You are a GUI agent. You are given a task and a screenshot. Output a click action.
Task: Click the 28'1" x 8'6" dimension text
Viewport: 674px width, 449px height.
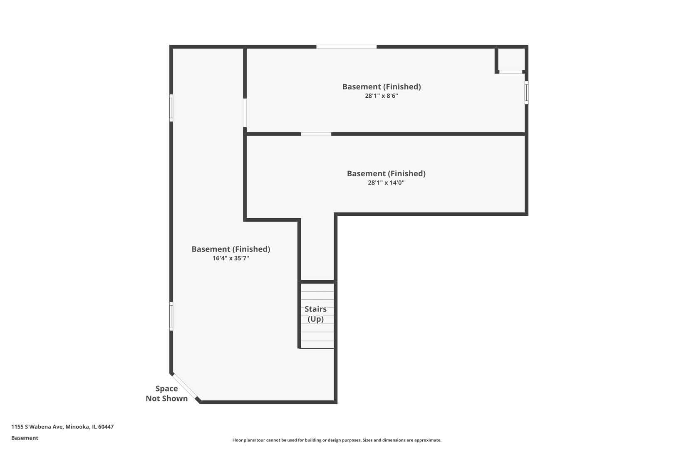pos(382,96)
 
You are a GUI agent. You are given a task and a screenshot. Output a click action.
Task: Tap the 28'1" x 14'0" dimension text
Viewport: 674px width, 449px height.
pos(386,183)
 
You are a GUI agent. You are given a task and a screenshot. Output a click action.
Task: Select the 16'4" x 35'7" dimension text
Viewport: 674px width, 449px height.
pos(230,258)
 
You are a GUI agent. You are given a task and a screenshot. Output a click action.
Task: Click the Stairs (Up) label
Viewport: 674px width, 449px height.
pos(315,314)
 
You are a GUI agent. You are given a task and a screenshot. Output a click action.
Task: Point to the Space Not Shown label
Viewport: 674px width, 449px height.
pos(166,393)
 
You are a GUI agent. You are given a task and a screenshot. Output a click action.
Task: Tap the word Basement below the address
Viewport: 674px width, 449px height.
pos(25,438)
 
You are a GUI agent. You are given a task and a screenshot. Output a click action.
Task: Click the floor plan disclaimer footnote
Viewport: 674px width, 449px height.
pos(337,440)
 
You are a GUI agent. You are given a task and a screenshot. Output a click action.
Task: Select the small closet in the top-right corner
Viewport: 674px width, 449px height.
pos(511,59)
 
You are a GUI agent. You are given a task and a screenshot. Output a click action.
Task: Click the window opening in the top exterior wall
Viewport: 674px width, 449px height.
pos(346,47)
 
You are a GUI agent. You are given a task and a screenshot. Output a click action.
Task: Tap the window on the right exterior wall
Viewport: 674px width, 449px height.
pos(526,92)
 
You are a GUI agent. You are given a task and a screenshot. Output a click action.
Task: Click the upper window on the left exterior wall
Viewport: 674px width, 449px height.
pos(171,108)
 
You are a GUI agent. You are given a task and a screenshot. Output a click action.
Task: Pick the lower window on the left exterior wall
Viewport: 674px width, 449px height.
pos(171,316)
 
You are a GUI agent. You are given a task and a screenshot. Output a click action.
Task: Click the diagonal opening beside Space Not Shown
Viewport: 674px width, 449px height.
pos(185,386)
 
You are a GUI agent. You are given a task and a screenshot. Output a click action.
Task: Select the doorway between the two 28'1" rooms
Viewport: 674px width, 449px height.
pos(316,134)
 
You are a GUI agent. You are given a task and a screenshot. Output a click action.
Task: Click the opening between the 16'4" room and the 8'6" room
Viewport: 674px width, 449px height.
pos(245,113)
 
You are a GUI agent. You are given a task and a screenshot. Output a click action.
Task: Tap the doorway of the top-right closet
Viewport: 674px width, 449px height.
pos(510,72)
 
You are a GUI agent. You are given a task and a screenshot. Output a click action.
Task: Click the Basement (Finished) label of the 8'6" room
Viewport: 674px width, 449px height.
pos(382,86)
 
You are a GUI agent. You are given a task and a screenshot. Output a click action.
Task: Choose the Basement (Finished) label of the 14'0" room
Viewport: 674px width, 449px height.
pos(386,173)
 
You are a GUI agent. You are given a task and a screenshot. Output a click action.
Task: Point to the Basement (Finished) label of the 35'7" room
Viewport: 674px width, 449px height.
pos(230,249)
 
